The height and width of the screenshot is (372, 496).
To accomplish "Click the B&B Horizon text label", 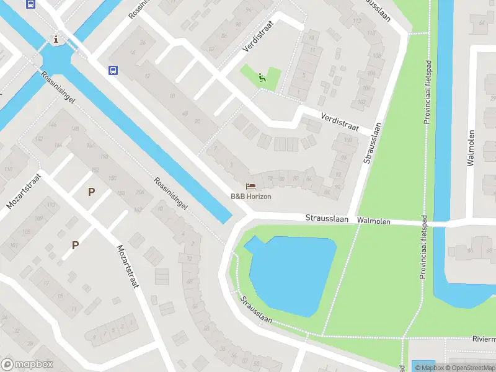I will coord(251,196).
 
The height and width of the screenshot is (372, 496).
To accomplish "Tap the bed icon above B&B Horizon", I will coord(250,186).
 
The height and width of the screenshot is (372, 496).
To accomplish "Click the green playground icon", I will coord(262,77).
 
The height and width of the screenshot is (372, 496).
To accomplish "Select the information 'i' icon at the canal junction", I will coord(57,40).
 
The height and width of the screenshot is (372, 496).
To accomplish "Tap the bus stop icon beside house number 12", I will coord(113,70).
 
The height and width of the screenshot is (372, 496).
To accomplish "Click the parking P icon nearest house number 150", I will coord(91,192).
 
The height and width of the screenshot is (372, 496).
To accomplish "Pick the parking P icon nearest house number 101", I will coord(75,245).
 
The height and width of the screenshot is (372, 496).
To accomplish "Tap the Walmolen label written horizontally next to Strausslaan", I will coord(373,220).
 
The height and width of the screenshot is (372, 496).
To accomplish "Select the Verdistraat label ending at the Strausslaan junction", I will coord(340,121).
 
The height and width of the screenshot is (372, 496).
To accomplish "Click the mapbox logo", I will coord(27,365).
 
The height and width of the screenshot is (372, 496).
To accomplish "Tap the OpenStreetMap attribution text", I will coord(468,368).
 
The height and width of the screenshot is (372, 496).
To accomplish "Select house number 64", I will coord(482,24).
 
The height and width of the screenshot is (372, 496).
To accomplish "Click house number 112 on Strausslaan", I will coord(356,20).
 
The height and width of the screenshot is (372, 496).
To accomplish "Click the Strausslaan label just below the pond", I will coord(256,311).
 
